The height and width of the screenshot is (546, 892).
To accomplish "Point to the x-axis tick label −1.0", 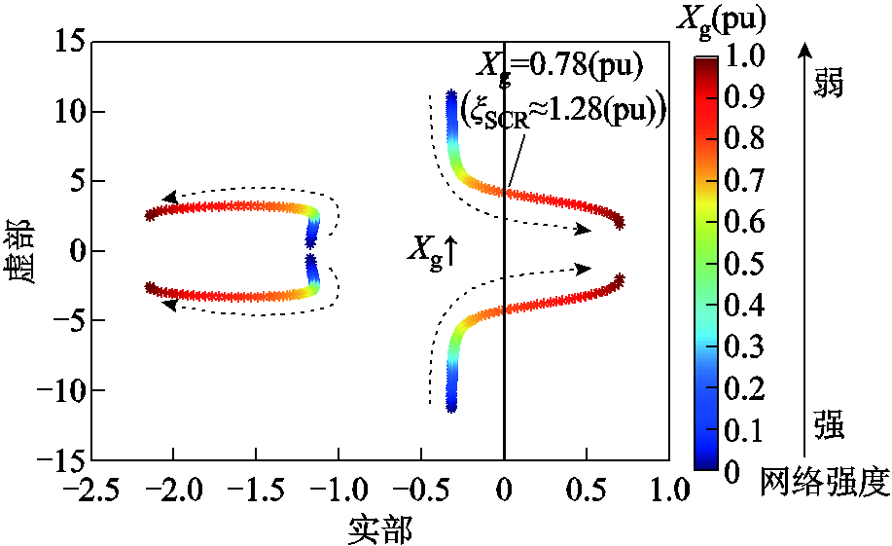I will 339,486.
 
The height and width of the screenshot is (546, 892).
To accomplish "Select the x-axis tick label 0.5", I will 587,486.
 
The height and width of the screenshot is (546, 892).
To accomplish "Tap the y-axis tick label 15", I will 68,43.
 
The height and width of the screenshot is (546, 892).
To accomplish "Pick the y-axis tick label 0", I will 75,251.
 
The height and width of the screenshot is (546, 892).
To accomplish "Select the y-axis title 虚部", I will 22,251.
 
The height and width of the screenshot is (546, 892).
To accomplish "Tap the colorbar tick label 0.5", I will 745,263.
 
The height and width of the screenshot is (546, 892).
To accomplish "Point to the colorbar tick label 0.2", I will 745,386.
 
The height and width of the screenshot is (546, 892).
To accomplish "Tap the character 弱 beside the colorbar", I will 828,84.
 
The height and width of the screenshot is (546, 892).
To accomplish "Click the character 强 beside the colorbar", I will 828,425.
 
